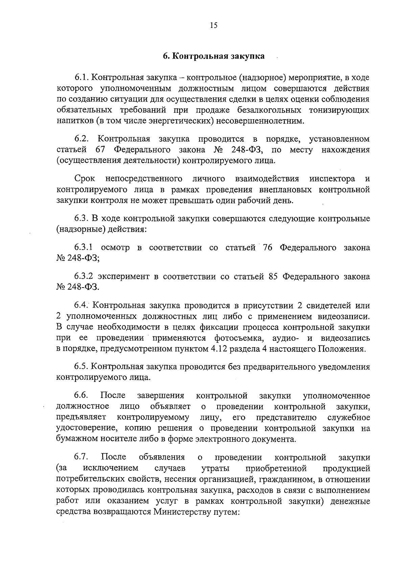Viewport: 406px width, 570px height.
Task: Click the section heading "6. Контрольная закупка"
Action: [x=213, y=56]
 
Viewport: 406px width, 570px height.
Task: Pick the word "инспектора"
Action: [x=332, y=178]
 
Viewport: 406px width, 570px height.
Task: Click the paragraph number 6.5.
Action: [x=82, y=367]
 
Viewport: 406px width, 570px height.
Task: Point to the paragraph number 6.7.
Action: [x=82, y=457]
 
